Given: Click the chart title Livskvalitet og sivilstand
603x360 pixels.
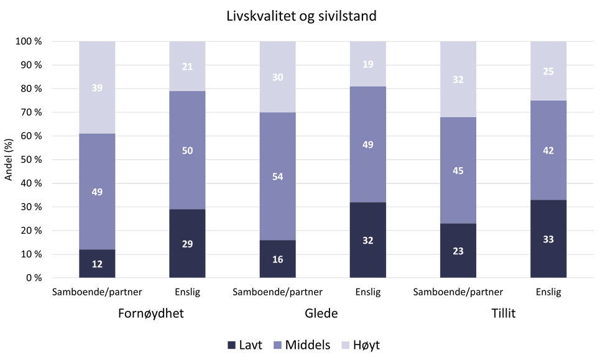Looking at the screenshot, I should coord(301,16).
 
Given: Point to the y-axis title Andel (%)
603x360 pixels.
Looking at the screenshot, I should coord(9,159).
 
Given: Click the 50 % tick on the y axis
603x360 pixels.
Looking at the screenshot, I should coord(29,160).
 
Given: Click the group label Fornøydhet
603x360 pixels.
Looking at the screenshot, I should coord(151,313).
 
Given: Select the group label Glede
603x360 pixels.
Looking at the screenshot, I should coord(322,313).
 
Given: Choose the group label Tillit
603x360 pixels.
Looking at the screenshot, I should coord(502,313).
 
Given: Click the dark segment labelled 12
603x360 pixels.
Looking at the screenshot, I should coord(97,264).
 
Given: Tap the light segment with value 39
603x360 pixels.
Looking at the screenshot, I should coord(97,88).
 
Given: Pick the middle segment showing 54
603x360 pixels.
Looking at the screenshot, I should coord(277,176).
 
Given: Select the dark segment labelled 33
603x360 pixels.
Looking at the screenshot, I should coord(548,239).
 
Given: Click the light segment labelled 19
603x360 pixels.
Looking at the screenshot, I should coord(367,64).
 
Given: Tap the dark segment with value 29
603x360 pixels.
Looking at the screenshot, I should coord(187,243).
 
